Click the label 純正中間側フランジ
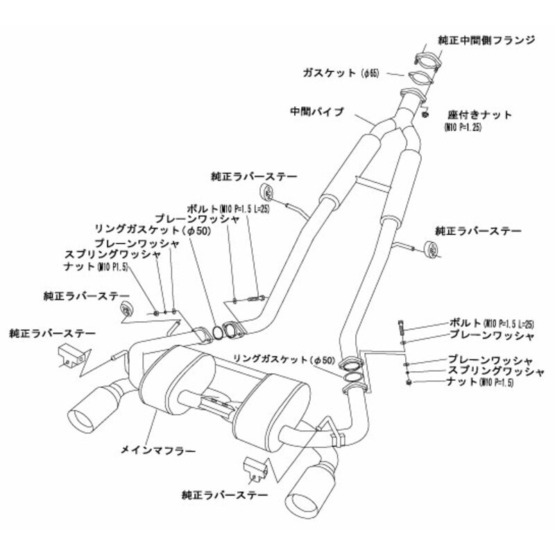(485, 40)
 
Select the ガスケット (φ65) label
(339, 72)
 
